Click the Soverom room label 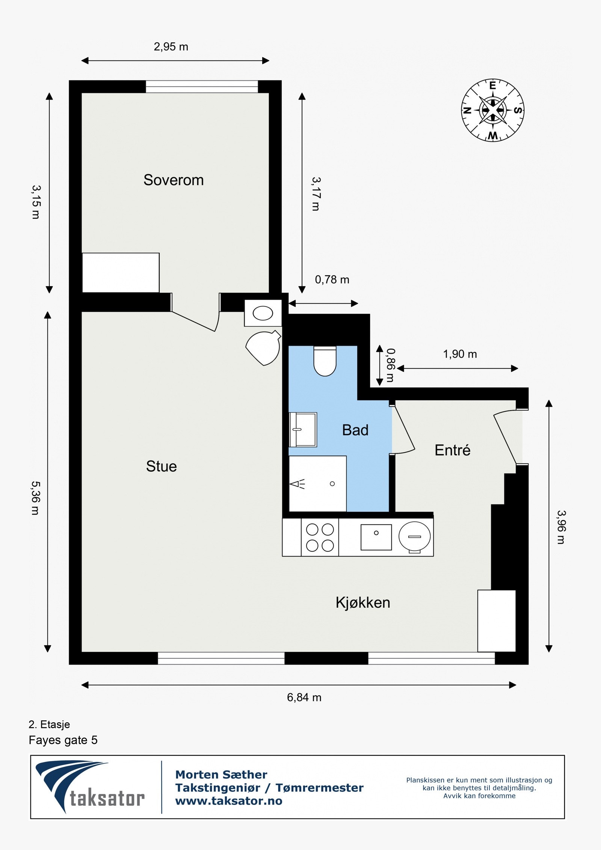tap(174, 180)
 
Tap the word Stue tap(161, 466)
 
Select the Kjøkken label tap(362, 602)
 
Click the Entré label tap(452, 450)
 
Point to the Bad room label tap(355, 430)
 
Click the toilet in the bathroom tap(325, 361)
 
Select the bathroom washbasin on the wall tap(303, 430)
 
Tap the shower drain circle tap(332, 484)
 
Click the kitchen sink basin tap(376, 537)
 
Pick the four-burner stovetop tap(320, 537)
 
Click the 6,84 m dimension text tap(304, 698)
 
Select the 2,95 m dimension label tap(171, 47)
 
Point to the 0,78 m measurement tap(332, 280)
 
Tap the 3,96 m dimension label tap(561, 527)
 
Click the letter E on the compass tap(492, 86)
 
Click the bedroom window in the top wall tap(202, 87)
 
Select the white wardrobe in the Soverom tap(121, 273)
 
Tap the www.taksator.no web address tap(229, 801)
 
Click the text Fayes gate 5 tap(63, 740)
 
